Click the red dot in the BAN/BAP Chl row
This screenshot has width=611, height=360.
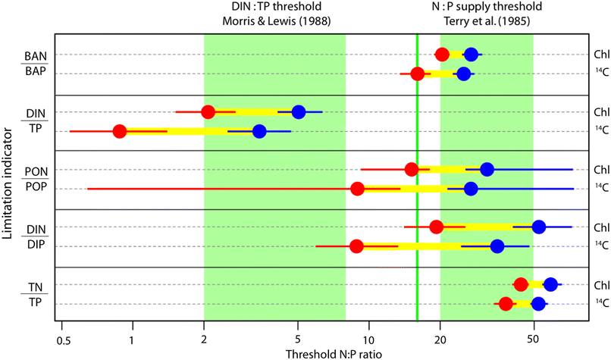(x=442, y=54)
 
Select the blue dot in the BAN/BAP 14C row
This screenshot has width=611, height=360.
(x=463, y=74)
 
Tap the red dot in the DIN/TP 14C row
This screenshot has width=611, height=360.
(x=119, y=131)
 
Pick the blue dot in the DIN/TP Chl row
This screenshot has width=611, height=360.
(x=299, y=112)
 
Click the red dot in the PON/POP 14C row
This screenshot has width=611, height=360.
(x=358, y=188)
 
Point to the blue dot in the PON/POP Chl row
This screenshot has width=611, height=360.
(x=487, y=169)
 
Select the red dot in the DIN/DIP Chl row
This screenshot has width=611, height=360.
(x=436, y=227)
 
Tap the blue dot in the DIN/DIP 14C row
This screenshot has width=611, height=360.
(x=497, y=246)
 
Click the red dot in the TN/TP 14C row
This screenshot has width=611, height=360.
(x=506, y=304)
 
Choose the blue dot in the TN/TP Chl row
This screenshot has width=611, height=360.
(x=550, y=284)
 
